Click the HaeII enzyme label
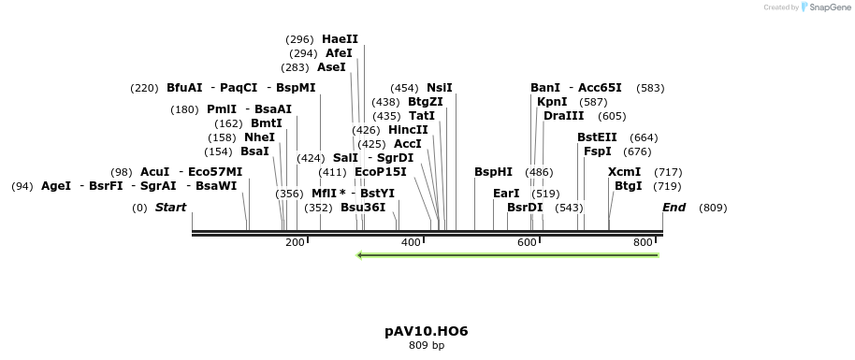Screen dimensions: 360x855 [340, 39]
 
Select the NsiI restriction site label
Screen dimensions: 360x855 [440, 88]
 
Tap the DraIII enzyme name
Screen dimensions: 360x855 [563, 116]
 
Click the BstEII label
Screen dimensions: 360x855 [597, 137]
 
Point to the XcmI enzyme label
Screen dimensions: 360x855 [624, 172]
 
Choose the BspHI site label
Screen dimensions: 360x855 [493, 172]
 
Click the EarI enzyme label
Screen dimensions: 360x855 [506, 194]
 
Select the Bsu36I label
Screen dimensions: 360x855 [363, 208]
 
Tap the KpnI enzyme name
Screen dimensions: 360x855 [552, 102]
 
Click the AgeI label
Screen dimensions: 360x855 [56, 186]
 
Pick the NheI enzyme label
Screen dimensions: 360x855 [259, 137]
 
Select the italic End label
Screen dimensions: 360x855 [674, 208]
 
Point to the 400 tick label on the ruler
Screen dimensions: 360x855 [411, 243]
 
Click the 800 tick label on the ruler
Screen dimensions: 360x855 [643, 243]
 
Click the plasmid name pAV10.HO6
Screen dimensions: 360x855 [426, 332]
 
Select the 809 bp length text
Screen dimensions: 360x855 [426, 346]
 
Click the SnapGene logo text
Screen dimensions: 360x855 [826, 7]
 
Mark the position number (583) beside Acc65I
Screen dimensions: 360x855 [650, 88]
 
